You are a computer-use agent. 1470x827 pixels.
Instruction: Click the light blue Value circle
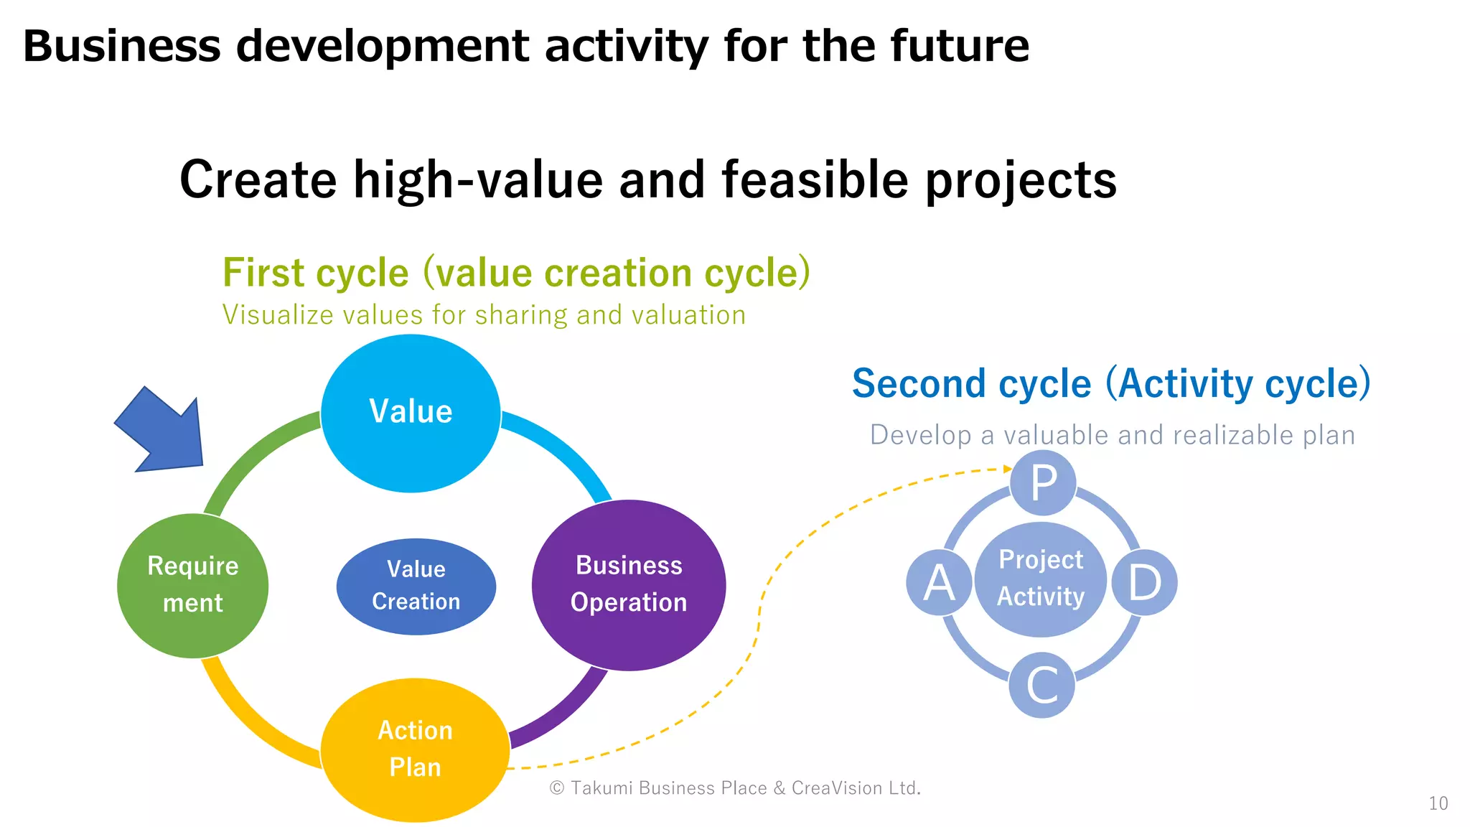point(411,413)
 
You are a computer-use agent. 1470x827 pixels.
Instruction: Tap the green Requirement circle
point(192,585)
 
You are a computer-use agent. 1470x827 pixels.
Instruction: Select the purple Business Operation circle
point(629,585)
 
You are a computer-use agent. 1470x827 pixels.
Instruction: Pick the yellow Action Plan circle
point(415,749)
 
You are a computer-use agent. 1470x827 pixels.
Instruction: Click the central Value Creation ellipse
point(416,586)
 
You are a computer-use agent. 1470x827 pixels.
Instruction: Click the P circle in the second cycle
point(1043,483)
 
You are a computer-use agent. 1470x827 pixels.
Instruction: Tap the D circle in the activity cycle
point(1144,582)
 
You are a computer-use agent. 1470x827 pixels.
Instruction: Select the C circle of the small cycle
point(1041,685)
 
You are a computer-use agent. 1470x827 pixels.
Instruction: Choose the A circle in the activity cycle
point(939,582)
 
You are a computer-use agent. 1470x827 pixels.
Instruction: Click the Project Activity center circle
point(1041,579)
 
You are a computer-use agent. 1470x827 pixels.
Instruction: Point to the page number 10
point(1438,803)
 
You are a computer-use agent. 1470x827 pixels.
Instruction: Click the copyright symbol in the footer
point(556,788)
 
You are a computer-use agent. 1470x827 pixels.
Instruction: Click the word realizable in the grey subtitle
point(1234,435)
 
